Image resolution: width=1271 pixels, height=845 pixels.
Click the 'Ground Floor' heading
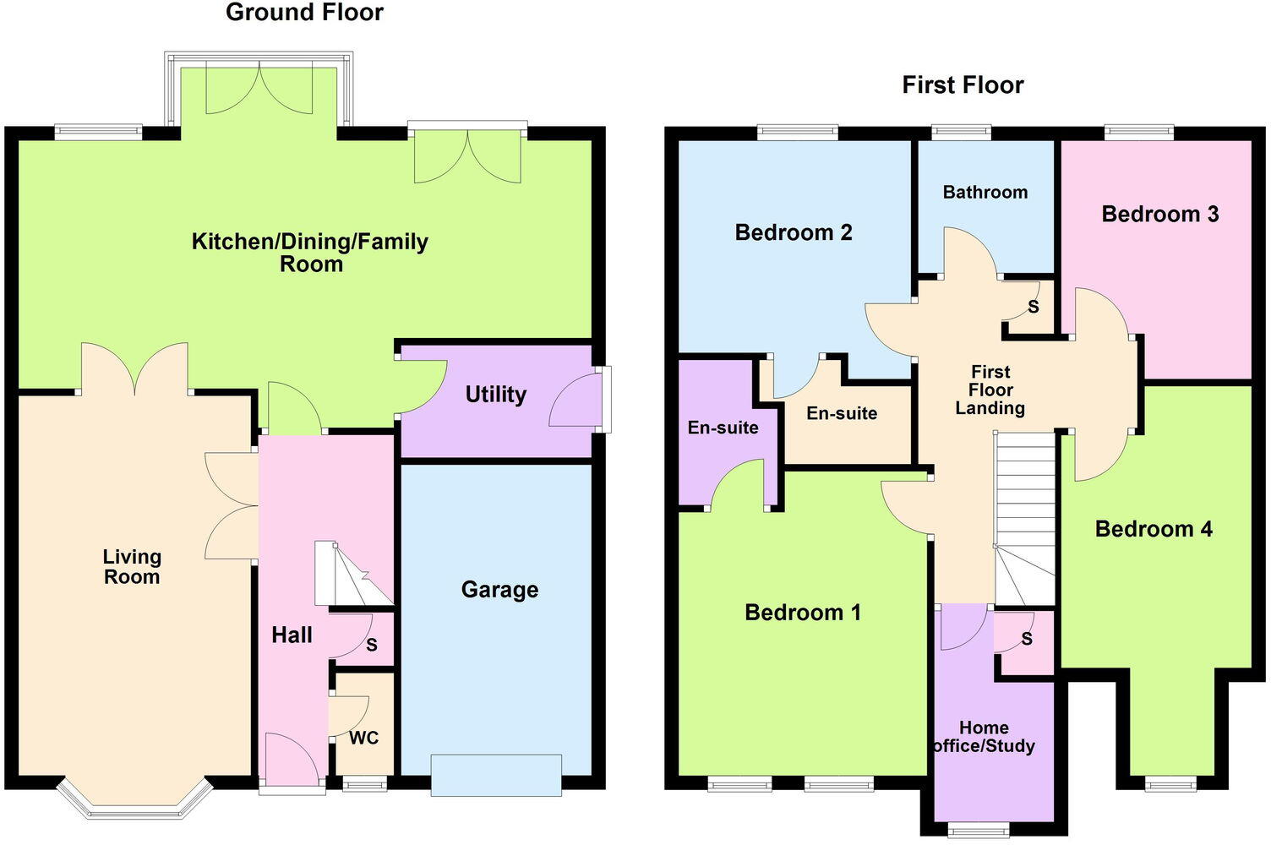click(304, 13)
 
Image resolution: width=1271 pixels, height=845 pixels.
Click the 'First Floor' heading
click(963, 85)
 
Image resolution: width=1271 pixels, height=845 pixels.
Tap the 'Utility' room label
click(496, 395)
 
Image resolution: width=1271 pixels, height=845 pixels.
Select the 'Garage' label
click(499, 590)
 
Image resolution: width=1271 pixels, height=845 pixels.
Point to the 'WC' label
click(364, 739)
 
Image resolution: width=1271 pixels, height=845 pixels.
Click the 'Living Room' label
click(132, 567)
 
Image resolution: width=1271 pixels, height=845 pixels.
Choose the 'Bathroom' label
click(985, 192)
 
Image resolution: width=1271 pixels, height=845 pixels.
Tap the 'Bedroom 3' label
click(1159, 215)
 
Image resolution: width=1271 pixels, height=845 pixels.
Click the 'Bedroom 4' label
click(1154, 530)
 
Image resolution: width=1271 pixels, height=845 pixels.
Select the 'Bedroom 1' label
click(803, 613)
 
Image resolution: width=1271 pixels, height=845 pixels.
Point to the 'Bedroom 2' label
click(794, 232)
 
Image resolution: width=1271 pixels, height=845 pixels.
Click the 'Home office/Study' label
click(985, 737)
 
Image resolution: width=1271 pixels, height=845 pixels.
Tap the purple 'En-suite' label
click(723, 428)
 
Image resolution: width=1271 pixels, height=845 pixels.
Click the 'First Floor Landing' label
click(990, 390)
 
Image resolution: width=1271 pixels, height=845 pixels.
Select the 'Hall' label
click(292, 635)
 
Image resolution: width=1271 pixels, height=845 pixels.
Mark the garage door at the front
click(496, 775)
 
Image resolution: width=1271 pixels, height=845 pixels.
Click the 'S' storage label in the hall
click(372, 646)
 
